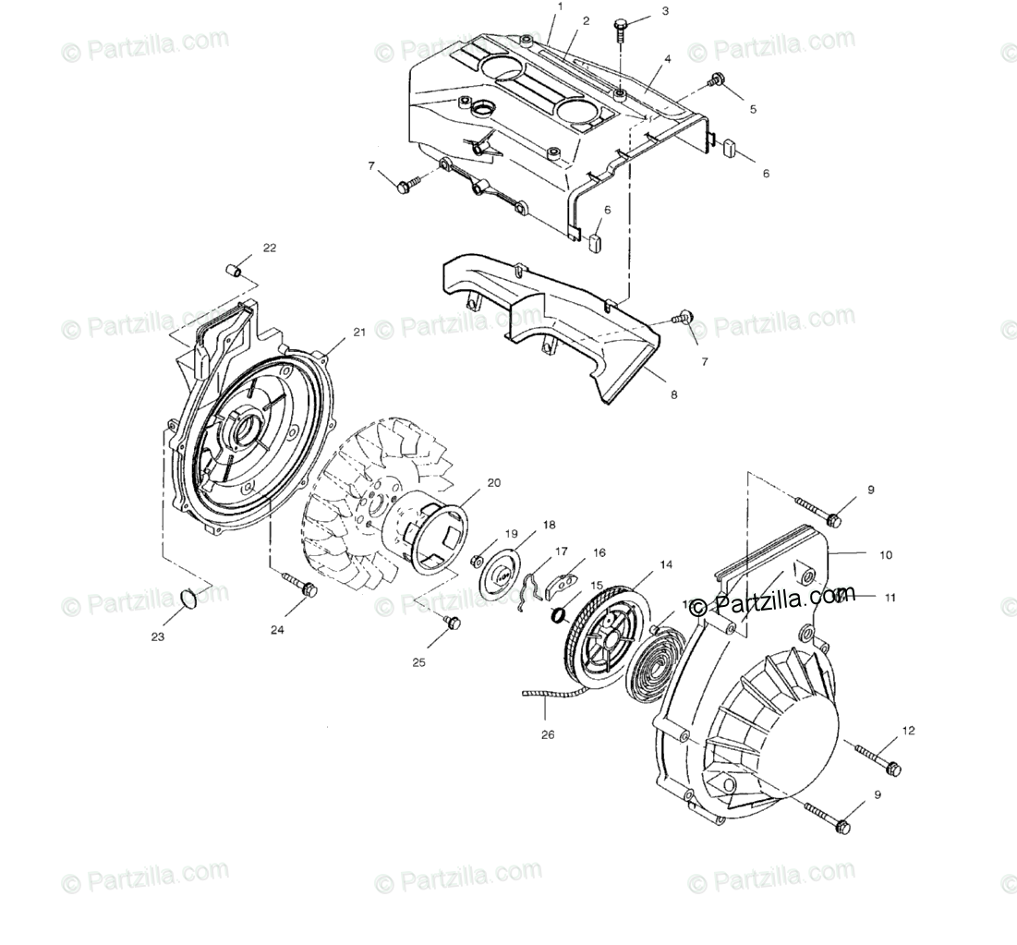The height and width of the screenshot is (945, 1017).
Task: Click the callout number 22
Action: point(269,248)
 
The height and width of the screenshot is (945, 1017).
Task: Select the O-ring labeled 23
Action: point(188,600)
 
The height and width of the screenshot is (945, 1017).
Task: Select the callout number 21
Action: point(359,332)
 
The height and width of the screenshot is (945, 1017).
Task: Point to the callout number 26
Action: point(547,736)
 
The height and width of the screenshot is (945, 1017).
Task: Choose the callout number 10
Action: point(886,555)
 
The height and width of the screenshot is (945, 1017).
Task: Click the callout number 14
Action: point(665,563)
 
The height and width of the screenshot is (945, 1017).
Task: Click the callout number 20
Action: point(493,482)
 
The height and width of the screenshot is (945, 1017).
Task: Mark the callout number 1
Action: point(559,6)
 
